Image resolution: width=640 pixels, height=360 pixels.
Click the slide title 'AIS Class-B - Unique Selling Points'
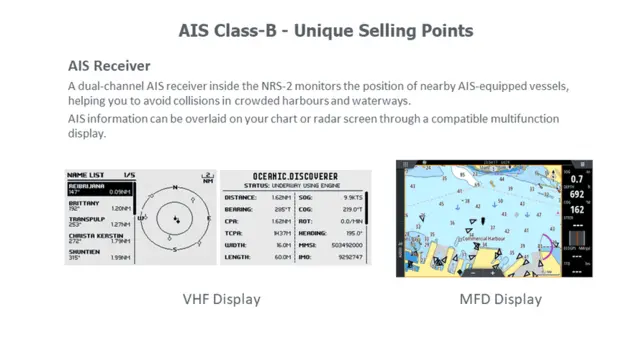[319, 31]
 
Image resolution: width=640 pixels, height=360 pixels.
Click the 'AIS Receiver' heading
[109, 66]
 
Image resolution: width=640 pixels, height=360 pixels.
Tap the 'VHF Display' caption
[221, 299]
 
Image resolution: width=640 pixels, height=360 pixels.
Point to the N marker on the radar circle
[176, 187]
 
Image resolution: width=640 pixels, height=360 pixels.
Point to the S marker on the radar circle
[176, 248]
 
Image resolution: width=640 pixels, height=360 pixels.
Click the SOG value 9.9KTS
[353, 198]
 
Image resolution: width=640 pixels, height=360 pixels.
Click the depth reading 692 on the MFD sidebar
[578, 193]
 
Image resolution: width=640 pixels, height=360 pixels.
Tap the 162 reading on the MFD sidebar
[578, 210]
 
